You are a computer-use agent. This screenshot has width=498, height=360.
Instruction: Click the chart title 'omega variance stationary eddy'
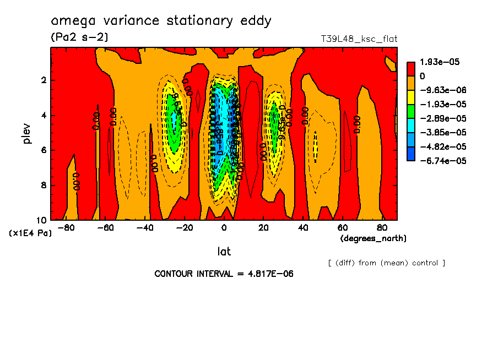pos(161,21)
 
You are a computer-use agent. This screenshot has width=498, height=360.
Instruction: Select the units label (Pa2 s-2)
pos(79,37)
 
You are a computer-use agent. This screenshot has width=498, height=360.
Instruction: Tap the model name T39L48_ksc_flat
pos(359,39)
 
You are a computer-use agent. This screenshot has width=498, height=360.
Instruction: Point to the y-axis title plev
pos(28,133)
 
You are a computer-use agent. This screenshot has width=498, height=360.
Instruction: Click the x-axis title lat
pos(224,252)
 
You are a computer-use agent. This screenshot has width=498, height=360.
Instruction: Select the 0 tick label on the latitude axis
pos(224,227)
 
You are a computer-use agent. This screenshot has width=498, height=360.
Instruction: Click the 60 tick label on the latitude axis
pos(342,227)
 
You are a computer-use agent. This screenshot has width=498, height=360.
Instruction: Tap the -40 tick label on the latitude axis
pos(145,227)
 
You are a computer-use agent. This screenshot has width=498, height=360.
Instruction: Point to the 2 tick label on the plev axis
pos(42,80)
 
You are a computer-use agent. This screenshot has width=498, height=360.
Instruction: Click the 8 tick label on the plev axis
pos(42,186)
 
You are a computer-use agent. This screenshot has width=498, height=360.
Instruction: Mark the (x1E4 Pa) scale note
pos(30,233)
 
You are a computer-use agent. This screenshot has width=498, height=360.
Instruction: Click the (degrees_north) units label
pos(373,238)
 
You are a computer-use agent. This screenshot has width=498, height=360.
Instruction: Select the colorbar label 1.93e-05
pos(437,62)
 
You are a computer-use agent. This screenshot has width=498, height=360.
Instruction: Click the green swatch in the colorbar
pos(410,118)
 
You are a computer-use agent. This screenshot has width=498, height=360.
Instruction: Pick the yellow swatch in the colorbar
pos(410,104)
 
